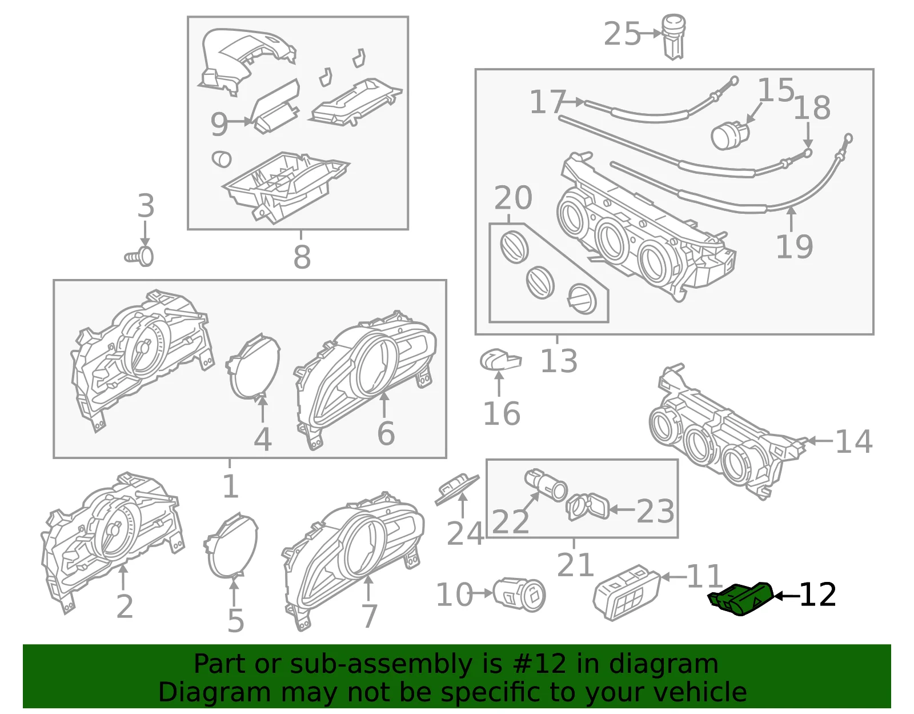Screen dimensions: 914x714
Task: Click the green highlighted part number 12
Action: click(741, 599)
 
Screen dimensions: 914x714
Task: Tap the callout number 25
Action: click(622, 34)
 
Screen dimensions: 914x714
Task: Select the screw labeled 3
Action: click(139, 256)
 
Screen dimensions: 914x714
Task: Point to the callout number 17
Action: click(547, 102)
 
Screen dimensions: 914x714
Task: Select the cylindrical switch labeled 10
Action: click(519, 595)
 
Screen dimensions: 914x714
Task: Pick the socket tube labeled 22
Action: click(546, 485)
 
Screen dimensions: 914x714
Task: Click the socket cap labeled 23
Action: click(588, 506)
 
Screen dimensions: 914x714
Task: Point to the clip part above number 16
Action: click(500, 359)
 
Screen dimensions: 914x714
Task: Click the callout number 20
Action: click(513, 198)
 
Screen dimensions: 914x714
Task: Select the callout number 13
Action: click(559, 361)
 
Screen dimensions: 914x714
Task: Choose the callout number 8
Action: click(302, 256)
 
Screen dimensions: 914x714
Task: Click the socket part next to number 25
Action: click(674, 37)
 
